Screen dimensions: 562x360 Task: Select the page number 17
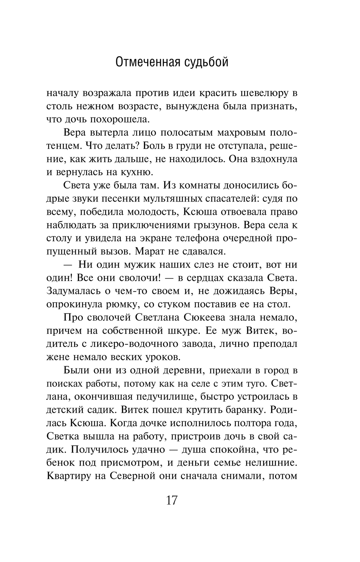(x=172, y=500)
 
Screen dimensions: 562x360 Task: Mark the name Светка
(x=63, y=436)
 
